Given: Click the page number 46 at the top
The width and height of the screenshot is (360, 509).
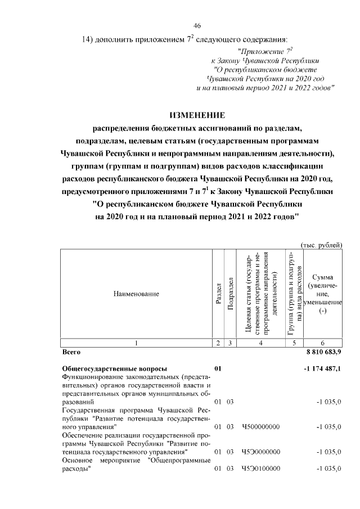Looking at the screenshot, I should tap(197, 26).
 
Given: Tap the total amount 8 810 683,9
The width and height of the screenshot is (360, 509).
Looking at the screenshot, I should tap(323, 352).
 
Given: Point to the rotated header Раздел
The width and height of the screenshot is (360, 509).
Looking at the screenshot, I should tap(218, 294).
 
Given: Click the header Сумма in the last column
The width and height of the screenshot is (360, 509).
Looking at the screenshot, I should tap(322, 277).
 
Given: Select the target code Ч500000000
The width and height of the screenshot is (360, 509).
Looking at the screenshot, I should tap(260, 427).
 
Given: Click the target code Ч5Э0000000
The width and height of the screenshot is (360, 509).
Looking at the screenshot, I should tap(260, 452).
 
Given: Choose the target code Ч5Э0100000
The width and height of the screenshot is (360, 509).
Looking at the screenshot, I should tap(260, 469).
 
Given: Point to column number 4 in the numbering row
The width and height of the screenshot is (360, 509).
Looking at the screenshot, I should tap(260, 343).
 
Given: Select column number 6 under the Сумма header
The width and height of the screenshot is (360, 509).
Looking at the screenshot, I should tap(322, 343).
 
